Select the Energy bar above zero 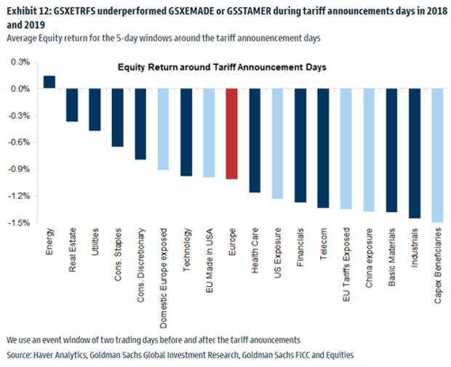tap(49, 81)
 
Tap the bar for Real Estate tap(72, 105)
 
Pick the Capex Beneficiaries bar tap(437, 155)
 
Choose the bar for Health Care tap(255, 140)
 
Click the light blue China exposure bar tap(369, 150)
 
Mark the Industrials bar tap(415, 153)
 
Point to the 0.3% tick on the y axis tap(21, 62)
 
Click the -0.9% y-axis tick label tap(20, 169)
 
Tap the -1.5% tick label tap(20, 222)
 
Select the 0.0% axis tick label tap(21, 89)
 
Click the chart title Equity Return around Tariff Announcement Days tap(223, 67)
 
